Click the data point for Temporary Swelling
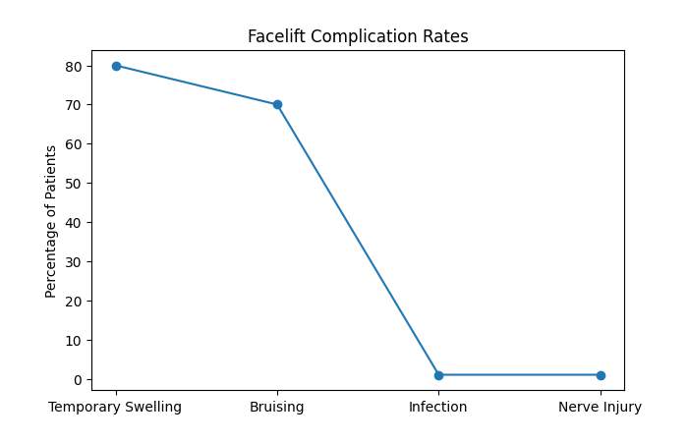click(x=116, y=66)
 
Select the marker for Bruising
click(x=277, y=105)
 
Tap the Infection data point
click(x=438, y=375)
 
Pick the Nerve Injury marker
click(x=601, y=375)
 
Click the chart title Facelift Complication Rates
click(x=358, y=37)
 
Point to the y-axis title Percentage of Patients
click(x=51, y=221)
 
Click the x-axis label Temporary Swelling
click(x=116, y=408)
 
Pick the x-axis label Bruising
click(x=277, y=408)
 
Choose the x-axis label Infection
click(x=438, y=408)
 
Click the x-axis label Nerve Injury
click(x=601, y=408)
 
